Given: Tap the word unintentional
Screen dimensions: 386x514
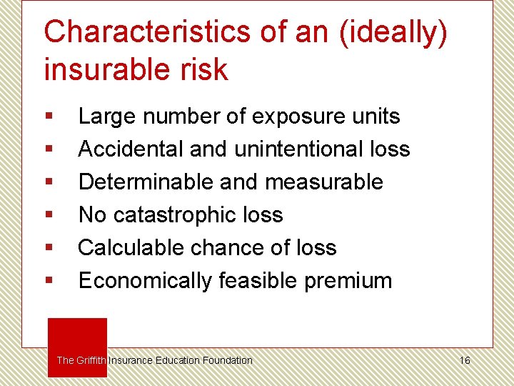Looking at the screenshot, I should coord(289,149).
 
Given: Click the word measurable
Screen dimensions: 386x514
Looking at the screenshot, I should coord(324,182).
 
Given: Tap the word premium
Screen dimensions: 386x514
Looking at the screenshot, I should coord(348,281).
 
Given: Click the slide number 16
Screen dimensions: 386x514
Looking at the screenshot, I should coord(465,360).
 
